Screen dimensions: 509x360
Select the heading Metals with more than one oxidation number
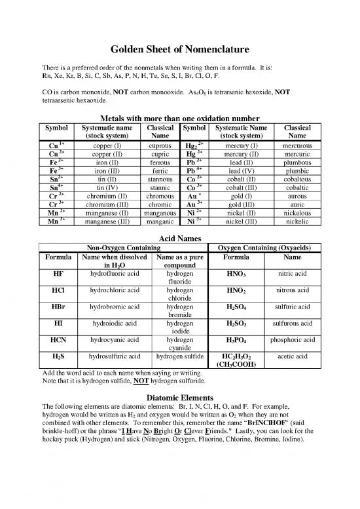(179, 117)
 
